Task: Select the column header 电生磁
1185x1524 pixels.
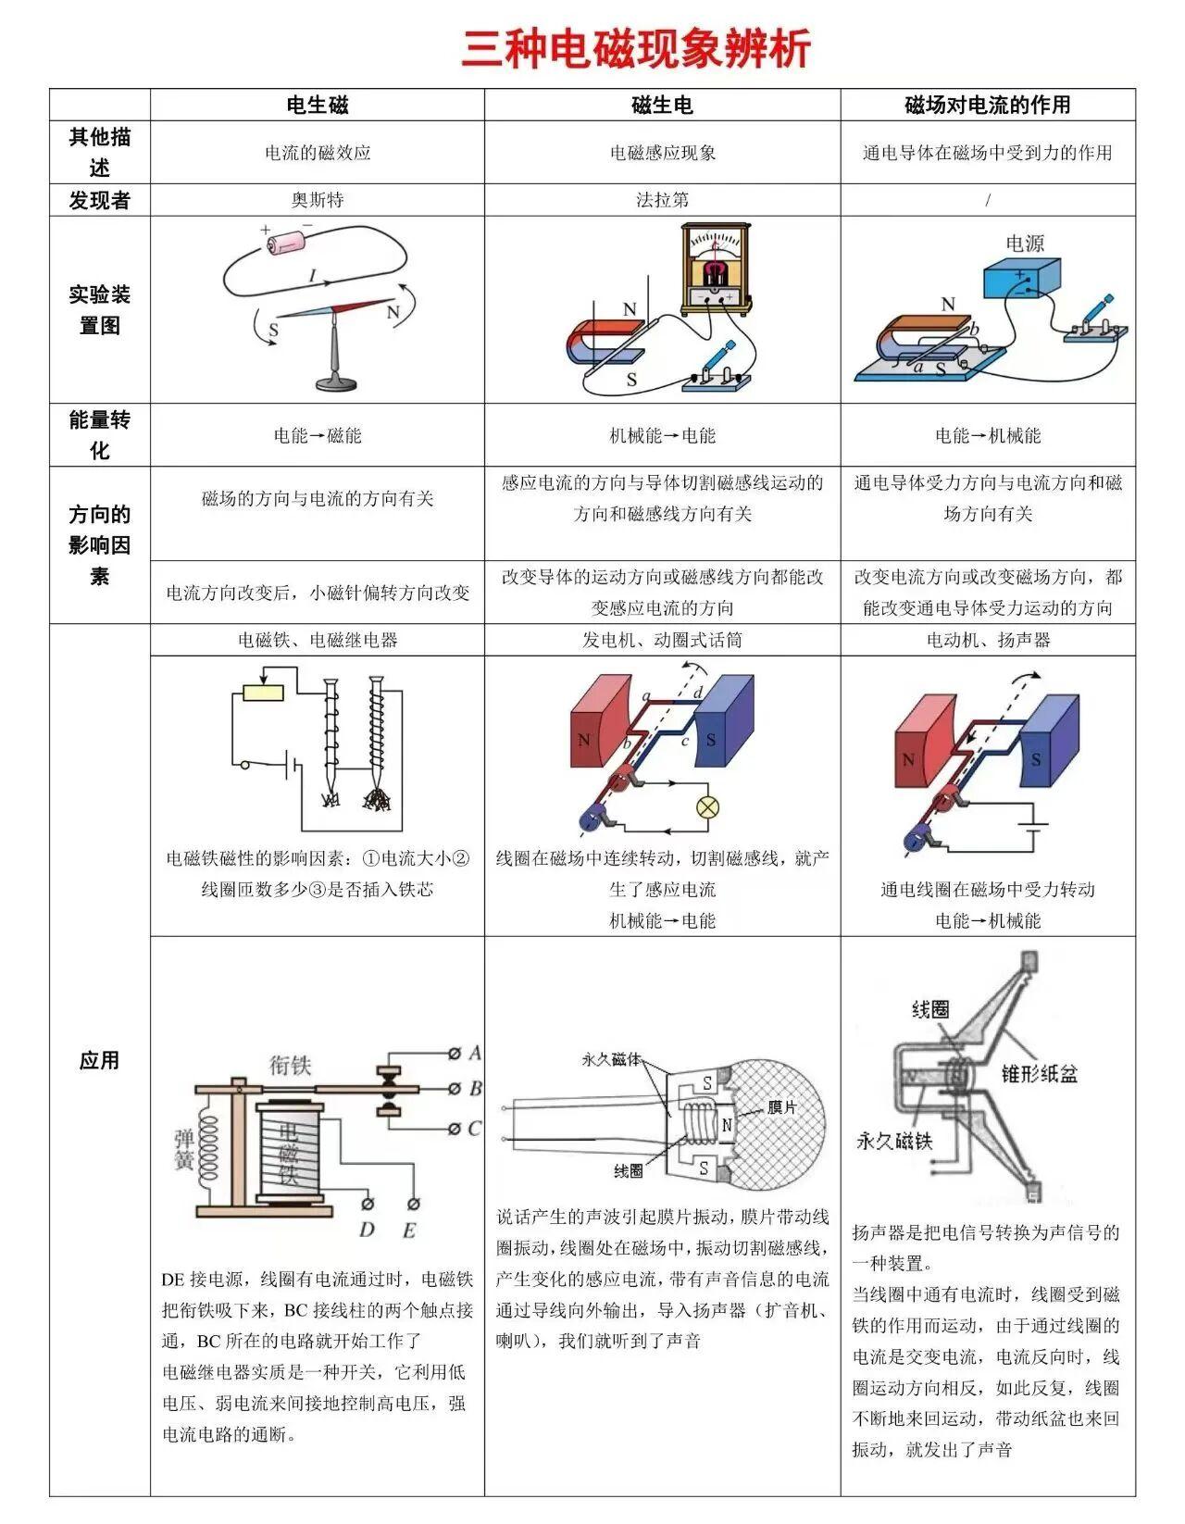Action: tap(318, 105)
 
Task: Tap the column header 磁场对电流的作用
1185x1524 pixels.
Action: tap(987, 105)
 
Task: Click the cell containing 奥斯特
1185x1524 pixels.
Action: tap(318, 200)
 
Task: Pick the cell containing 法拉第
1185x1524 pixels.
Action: tap(662, 200)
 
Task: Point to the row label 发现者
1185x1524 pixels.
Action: tap(99, 200)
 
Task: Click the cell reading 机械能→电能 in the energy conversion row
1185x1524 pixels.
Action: tap(662, 435)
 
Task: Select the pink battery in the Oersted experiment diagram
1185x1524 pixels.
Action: tap(289, 243)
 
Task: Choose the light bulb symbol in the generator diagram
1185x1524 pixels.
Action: tap(708, 806)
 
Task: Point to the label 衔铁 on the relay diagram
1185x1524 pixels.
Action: tap(290, 1065)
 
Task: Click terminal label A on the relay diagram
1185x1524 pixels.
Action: tap(475, 1053)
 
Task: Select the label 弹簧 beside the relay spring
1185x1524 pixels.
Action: tap(184, 1149)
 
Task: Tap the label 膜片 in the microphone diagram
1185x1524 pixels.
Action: tap(782, 1108)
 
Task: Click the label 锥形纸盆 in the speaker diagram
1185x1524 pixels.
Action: tap(1040, 1073)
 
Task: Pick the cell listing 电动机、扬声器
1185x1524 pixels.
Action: tap(987, 640)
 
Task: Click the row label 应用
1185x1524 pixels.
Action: tap(99, 1060)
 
